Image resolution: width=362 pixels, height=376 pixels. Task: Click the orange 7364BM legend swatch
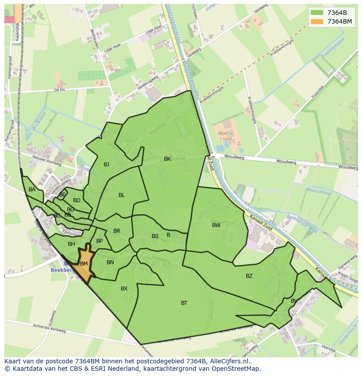pyautogui.click(x=317, y=21)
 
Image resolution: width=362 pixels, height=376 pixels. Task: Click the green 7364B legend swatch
pyautogui.click(x=317, y=12)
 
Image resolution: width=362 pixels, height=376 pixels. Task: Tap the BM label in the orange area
pyautogui.click(x=84, y=264)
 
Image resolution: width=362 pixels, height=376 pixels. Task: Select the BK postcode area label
pyautogui.click(x=167, y=159)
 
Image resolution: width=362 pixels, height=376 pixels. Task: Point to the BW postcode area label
pyautogui.click(x=216, y=225)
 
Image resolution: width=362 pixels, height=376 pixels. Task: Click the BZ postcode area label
pyautogui.click(x=249, y=276)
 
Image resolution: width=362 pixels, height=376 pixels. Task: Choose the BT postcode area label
pyautogui.click(x=184, y=303)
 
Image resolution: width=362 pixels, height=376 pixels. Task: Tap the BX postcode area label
pyautogui.click(x=124, y=289)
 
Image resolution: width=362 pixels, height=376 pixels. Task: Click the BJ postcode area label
pyautogui.click(x=106, y=165)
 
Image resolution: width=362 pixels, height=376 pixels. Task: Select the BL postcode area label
pyautogui.click(x=122, y=195)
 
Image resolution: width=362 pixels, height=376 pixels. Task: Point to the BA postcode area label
pyautogui.click(x=32, y=190)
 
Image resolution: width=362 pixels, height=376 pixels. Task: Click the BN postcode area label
pyautogui.click(x=110, y=262)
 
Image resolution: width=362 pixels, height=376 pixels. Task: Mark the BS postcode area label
pyautogui.click(x=155, y=236)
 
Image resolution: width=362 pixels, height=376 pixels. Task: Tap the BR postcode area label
pyautogui.click(x=117, y=231)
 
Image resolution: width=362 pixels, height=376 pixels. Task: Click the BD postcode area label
pyautogui.click(x=77, y=200)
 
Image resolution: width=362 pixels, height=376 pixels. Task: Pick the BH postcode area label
pyautogui.click(x=71, y=244)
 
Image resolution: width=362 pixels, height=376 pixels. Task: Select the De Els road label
pyautogui.click(x=59, y=90)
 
